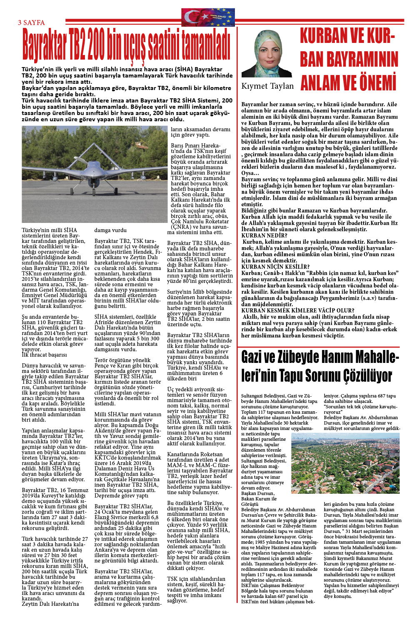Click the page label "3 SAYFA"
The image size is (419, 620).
click(x=31, y=23)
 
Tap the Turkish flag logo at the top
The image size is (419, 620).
click(x=208, y=17)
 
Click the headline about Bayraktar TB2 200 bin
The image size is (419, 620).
click(x=126, y=45)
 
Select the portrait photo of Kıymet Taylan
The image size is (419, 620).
click(x=267, y=54)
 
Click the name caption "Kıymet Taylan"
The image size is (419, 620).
click(x=267, y=86)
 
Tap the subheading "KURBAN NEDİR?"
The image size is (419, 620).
click(x=264, y=235)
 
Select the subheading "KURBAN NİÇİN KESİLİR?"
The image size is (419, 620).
click(x=275, y=267)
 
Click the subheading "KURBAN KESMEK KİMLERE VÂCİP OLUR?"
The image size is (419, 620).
click(x=298, y=310)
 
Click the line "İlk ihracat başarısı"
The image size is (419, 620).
click(x=44, y=355)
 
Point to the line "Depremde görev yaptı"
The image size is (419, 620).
click(x=121, y=495)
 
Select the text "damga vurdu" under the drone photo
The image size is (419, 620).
click(x=110, y=230)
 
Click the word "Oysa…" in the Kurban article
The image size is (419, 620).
click(x=251, y=173)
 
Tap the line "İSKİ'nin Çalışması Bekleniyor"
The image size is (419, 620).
click(x=272, y=585)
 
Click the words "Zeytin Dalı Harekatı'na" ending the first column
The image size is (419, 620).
click(x=50, y=604)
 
